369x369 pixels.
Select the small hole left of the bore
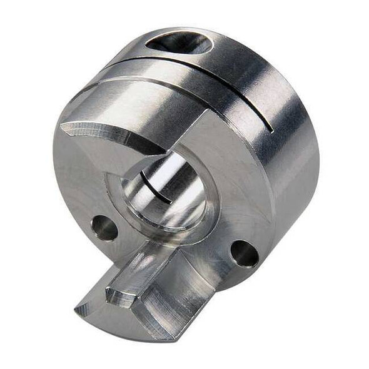click(x=104, y=228)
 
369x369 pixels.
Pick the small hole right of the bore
click(x=244, y=253)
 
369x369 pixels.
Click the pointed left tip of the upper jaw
click(x=63, y=128)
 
